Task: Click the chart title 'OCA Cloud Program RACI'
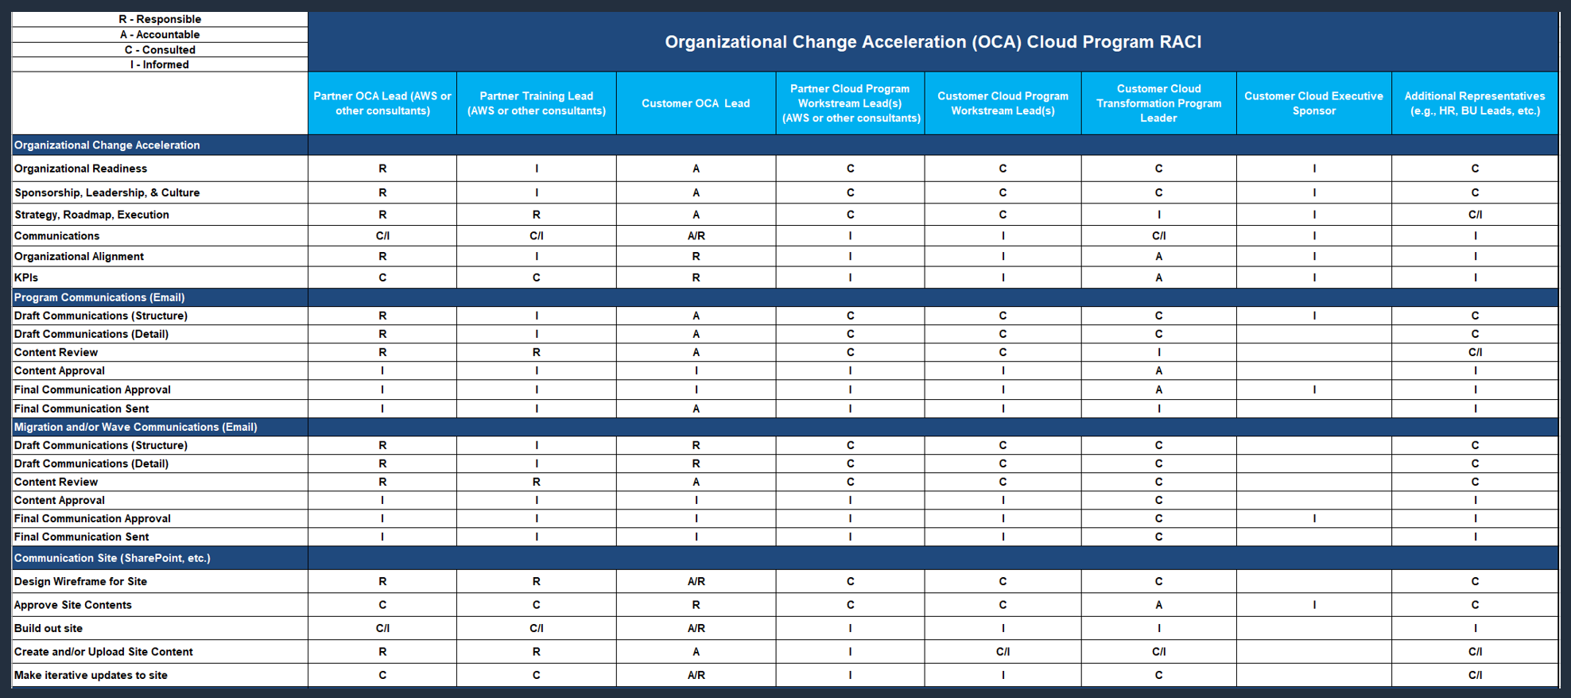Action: coord(933,42)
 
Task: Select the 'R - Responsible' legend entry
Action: coord(160,19)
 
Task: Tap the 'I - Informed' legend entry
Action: coord(160,64)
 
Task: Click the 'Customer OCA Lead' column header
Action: coord(696,103)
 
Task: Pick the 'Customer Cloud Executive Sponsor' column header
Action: coord(1313,103)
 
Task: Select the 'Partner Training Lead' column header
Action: coord(537,103)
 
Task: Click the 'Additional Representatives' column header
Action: coord(1474,103)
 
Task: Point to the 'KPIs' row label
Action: coord(26,277)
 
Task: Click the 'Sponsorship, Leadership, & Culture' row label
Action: coord(107,192)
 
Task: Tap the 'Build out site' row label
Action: coord(48,628)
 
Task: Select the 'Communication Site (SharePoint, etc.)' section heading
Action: coord(112,558)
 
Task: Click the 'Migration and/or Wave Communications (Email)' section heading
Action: coord(136,427)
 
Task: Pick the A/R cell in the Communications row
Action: coord(696,236)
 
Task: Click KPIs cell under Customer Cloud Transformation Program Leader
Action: coord(1158,277)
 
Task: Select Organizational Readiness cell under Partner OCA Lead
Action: coord(382,169)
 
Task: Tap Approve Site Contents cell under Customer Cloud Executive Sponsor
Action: coord(1313,605)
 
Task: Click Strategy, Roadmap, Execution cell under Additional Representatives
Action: coord(1474,215)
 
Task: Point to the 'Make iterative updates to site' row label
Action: coord(91,675)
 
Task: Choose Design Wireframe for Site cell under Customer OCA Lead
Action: coord(696,581)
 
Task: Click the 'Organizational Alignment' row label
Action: coord(79,256)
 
